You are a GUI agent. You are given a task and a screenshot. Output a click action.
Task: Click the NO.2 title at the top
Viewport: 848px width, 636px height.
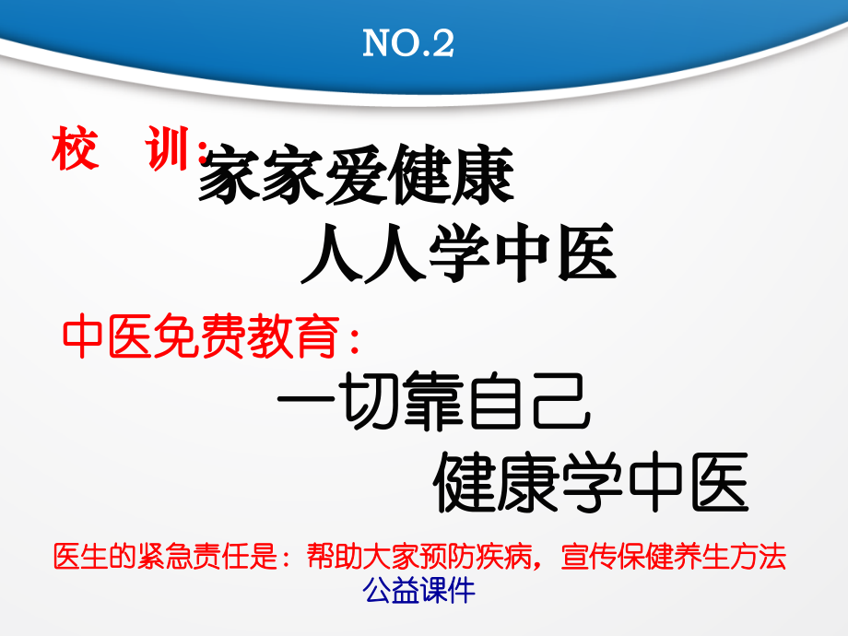pos(408,43)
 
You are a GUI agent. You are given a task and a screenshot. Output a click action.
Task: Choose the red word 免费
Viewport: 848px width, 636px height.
pos(194,338)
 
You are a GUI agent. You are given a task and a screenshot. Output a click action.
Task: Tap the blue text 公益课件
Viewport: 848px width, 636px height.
pos(420,590)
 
